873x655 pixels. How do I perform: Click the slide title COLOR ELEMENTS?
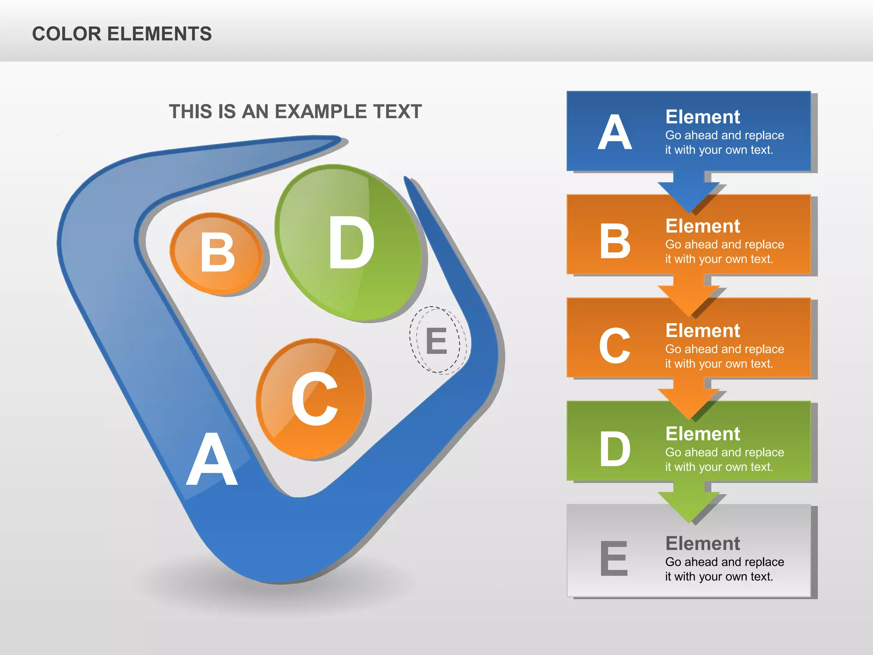(122, 34)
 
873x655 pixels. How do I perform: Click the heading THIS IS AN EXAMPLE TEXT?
(295, 112)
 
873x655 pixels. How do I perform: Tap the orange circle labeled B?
(217, 253)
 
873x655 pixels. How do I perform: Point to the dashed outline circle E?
(436, 340)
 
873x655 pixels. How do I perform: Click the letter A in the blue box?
(614, 133)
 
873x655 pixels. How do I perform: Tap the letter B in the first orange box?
(614, 241)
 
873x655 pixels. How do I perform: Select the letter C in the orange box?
(614, 346)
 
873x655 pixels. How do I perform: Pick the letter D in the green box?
(614, 449)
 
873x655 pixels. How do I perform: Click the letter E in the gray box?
(614, 558)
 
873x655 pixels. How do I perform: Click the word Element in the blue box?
(702, 117)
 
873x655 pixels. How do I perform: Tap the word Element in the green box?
(702, 434)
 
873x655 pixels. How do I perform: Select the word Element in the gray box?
(702, 544)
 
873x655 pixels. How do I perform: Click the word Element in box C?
(702, 331)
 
